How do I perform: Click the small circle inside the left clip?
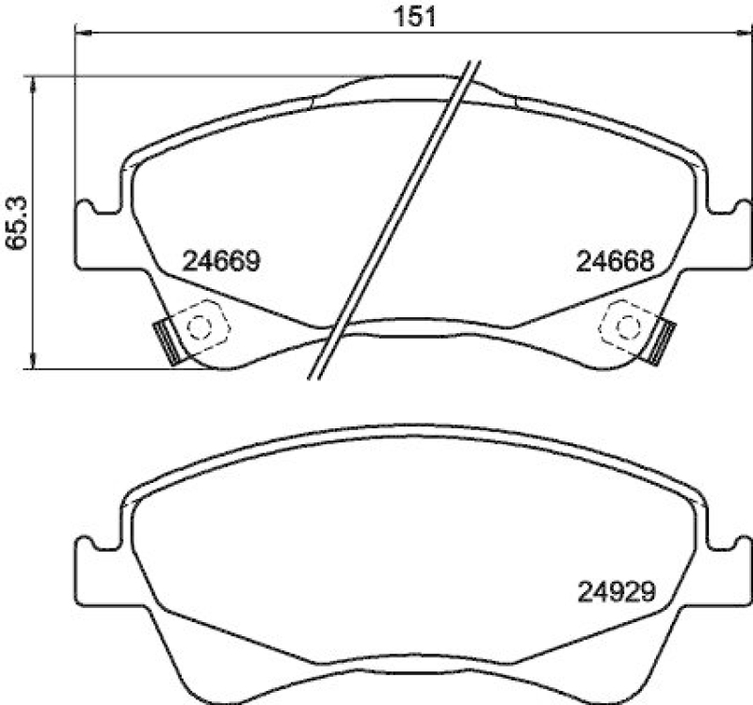200,326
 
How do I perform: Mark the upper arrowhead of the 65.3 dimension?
35,83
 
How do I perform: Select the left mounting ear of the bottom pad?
92,565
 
